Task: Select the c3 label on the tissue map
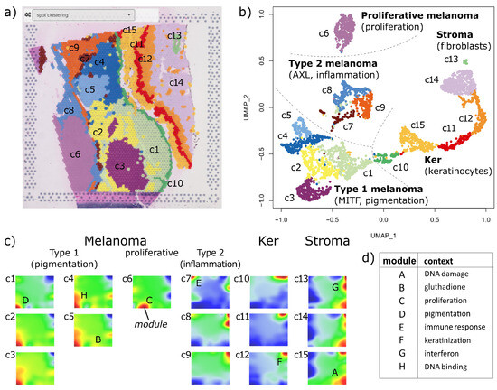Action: tap(117, 166)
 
